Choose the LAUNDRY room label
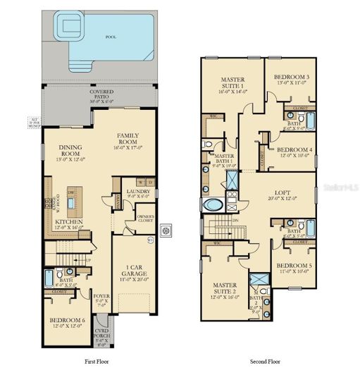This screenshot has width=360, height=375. (135, 191)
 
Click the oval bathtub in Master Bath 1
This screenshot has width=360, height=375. (211, 206)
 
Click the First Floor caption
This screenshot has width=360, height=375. (97, 361)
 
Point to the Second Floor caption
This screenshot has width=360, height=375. (263, 361)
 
